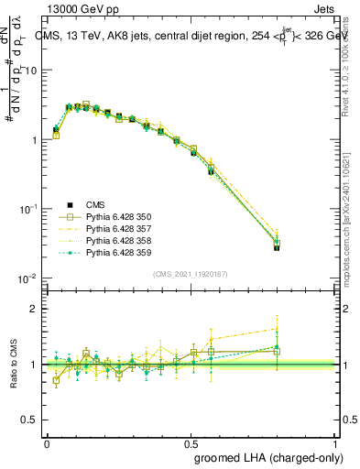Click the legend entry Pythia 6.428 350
point(119,216)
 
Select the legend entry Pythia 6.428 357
point(119,228)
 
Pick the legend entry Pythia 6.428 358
point(119,240)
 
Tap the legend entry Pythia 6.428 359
point(119,252)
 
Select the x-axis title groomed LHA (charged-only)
point(268,457)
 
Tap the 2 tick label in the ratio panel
point(36,309)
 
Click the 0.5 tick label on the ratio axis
point(32,420)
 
